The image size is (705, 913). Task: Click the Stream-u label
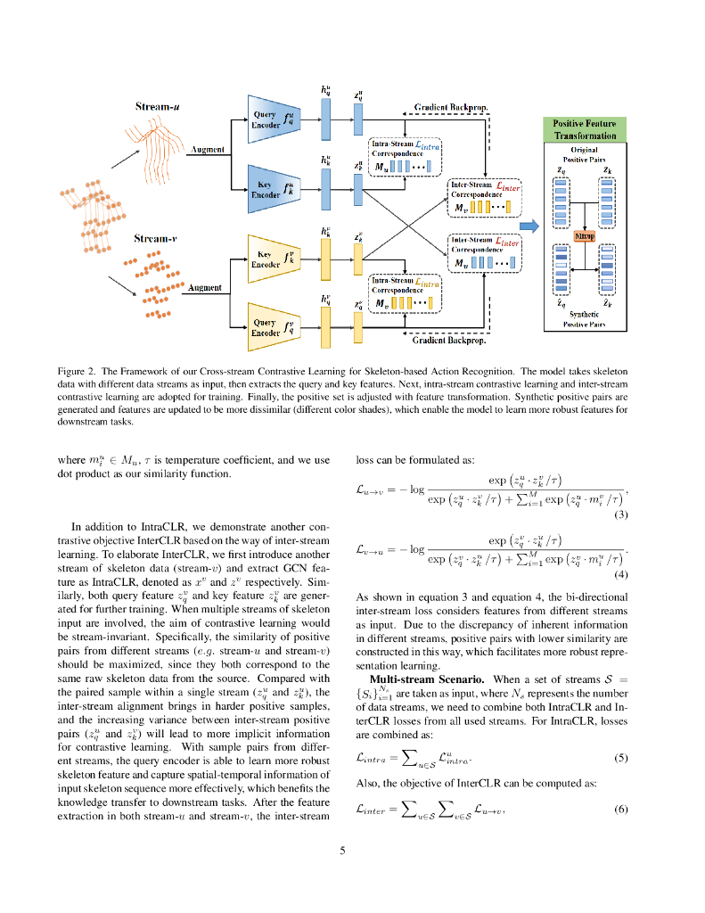point(158,107)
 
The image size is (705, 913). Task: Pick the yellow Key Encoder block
point(271,259)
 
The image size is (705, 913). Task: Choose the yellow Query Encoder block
point(271,327)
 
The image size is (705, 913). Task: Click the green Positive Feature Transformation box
point(584,129)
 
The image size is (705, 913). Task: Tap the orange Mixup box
point(584,236)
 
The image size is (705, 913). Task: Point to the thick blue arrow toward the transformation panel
point(529,226)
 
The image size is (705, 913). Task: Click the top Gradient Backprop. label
point(451,107)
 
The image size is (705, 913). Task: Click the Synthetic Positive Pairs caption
point(584,319)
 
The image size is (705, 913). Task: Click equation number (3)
point(622,514)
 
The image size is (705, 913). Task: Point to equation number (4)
point(622,574)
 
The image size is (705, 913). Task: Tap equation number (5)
point(622,759)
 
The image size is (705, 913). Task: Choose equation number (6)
point(622,810)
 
